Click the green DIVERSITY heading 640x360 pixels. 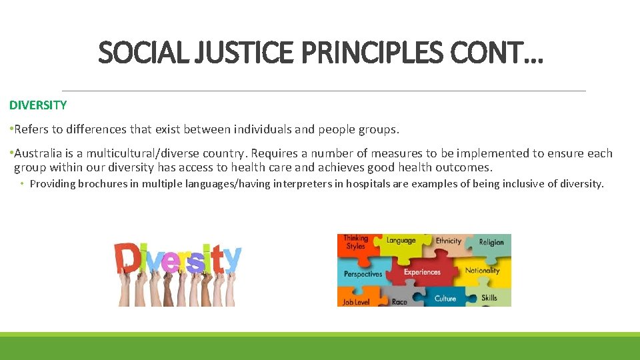pyautogui.click(x=38, y=105)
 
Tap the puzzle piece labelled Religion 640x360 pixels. pyautogui.click(x=491, y=243)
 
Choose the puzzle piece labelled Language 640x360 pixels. pyautogui.click(x=401, y=241)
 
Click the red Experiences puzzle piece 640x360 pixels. pyautogui.click(x=422, y=272)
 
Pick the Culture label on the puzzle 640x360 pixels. pyautogui.click(x=445, y=298)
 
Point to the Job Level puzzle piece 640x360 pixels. pyautogui.click(x=357, y=301)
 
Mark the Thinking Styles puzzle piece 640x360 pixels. pyautogui.click(x=355, y=242)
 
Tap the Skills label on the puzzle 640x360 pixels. pyautogui.click(x=489, y=297)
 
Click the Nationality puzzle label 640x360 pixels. pyautogui.click(x=482, y=271)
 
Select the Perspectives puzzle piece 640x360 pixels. pyautogui.click(x=363, y=274)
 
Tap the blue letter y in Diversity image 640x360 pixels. pyautogui.click(x=231, y=258)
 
